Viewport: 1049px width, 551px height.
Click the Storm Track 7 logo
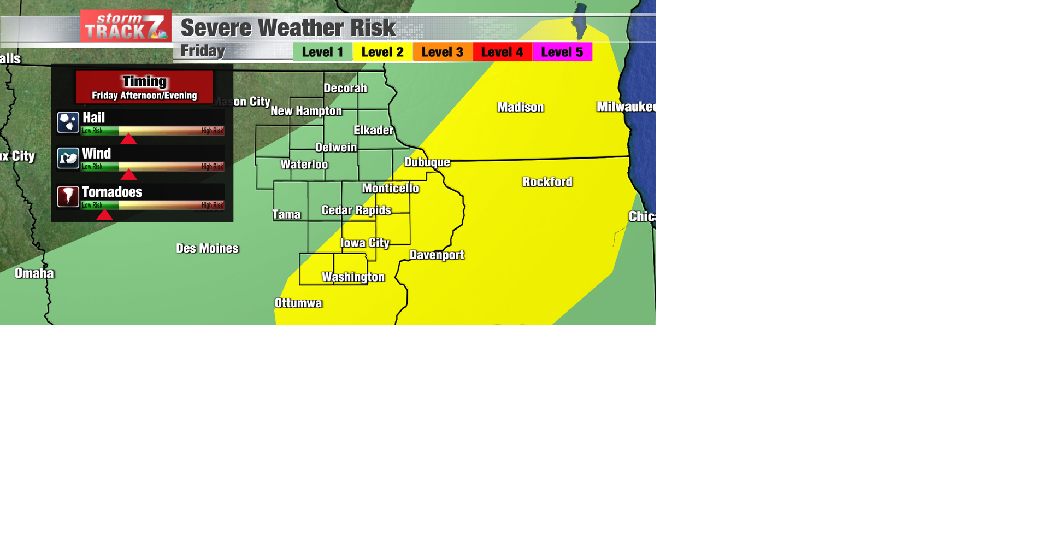pyautogui.click(x=126, y=26)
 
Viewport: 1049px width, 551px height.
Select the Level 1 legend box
pyautogui.click(x=322, y=52)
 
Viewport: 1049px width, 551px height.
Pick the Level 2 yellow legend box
pyautogui.click(x=382, y=52)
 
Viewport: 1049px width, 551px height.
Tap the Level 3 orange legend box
pyautogui.click(x=443, y=52)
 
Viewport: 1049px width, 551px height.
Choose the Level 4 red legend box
pyautogui.click(x=502, y=52)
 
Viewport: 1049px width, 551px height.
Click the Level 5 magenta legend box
pyautogui.click(x=562, y=52)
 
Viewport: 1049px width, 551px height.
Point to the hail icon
pyautogui.click(x=68, y=122)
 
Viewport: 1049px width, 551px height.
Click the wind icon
pyautogui.click(x=68, y=159)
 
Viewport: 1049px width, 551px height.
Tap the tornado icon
pyautogui.click(x=68, y=196)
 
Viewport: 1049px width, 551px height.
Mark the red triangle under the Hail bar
pyautogui.click(x=128, y=139)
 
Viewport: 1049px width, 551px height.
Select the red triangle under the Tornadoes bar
pyautogui.click(x=104, y=215)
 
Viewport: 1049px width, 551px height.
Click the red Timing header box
pyautogui.click(x=144, y=87)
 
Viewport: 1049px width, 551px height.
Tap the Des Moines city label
pyautogui.click(x=207, y=249)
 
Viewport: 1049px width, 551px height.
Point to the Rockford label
pyautogui.click(x=547, y=182)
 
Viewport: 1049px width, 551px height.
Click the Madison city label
pyautogui.click(x=520, y=107)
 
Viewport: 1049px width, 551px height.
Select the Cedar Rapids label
pyautogui.click(x=356, y=210)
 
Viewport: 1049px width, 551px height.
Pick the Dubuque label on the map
pyautogui.click(x=427, y=162)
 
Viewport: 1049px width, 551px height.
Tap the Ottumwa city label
pyautogui.click(x=298, y=303)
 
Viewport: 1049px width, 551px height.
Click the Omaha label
pyautogui.click(x=34, y=273)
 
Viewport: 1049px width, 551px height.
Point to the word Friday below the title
pyautogui.click(x=203, y=51)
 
